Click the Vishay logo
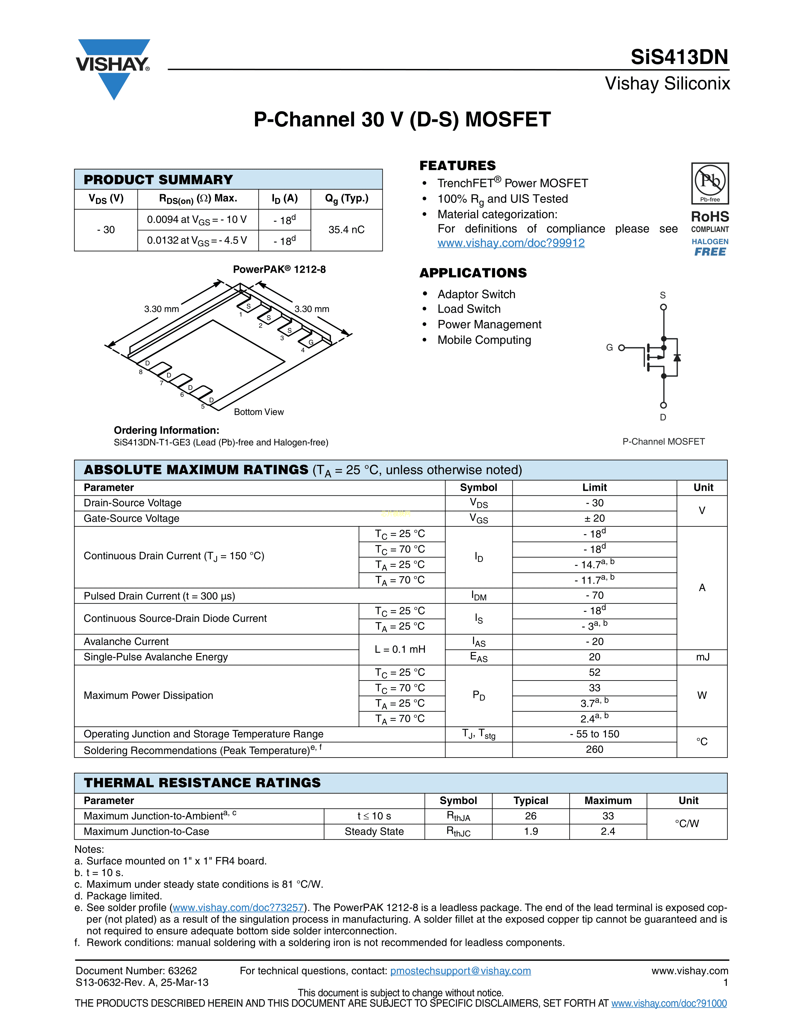113,68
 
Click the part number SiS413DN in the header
679,57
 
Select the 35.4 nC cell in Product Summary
346,230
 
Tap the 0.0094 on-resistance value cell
197,220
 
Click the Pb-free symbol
710,183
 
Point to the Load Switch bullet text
469,309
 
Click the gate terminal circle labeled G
622,348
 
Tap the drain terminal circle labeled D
663,405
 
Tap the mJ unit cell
702,657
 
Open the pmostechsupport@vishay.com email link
460,971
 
